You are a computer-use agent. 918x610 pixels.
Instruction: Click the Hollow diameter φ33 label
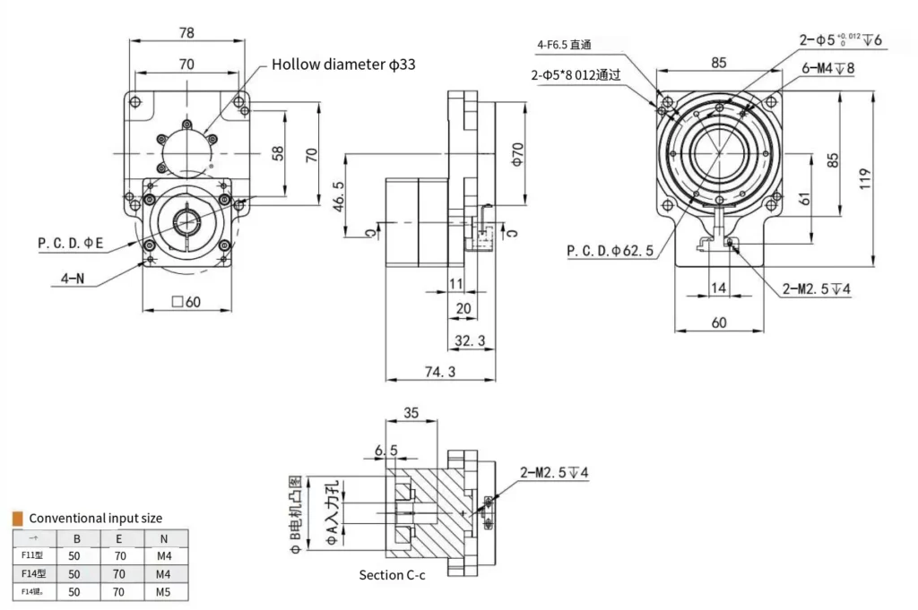coord(343,64)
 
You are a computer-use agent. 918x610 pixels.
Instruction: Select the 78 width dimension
coord(186,32)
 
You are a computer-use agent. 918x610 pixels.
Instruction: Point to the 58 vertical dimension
coord(278,153)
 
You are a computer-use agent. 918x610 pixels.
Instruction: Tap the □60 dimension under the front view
coord(186,301)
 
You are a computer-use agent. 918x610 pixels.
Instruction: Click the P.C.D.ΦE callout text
coord(71,242)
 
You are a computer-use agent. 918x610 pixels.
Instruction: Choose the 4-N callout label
coord(66,279)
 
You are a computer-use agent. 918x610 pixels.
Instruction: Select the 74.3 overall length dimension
coord(439,371)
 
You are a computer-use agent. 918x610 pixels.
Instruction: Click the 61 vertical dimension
coord(804,199)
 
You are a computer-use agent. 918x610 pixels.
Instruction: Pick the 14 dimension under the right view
coord(719,288)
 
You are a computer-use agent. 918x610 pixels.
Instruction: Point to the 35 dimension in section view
coord(411,413)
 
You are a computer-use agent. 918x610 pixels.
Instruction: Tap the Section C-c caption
coord(392,574)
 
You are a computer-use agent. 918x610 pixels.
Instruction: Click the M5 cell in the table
coord(163,592)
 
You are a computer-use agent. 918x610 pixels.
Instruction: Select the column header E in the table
coord(120,537)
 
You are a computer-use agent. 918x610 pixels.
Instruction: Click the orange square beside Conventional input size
coord(17,518)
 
